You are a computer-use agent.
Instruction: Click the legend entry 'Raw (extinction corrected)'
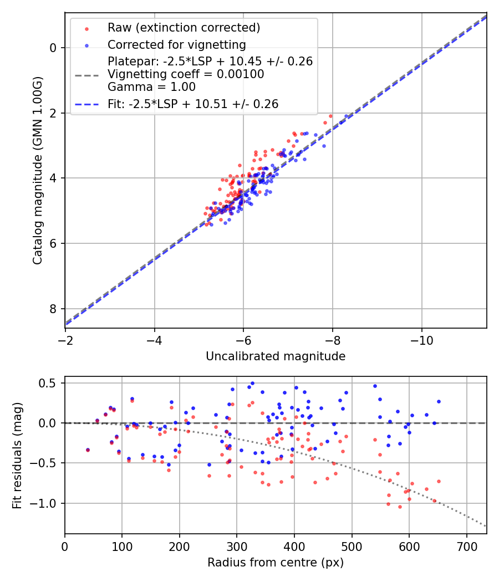coord(184,28)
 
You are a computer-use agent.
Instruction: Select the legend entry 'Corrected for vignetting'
coord(176,44)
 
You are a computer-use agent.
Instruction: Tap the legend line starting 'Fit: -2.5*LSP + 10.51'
coord(192,104)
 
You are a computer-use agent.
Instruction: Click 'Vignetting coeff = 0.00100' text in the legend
coord(186,74)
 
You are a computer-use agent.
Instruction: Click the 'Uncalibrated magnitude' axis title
coord(276,356)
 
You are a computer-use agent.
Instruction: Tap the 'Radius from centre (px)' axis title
coord(276,563)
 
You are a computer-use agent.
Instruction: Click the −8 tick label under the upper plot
coord(333,339)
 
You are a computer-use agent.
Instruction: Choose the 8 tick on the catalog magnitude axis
coord(53,309)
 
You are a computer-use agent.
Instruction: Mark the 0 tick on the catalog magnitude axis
coord(53,48)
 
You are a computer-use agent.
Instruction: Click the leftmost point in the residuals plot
coord(88,450)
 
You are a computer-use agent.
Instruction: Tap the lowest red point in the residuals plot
coord(400,507)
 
